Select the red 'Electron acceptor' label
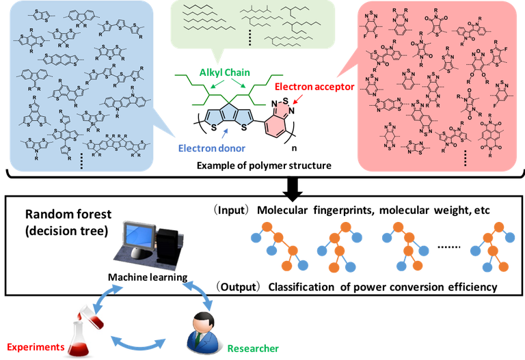[306, 87]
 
